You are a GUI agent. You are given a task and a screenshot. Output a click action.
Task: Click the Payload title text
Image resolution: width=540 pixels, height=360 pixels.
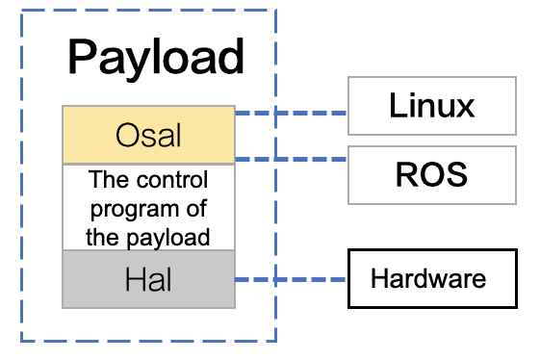pos(155,58)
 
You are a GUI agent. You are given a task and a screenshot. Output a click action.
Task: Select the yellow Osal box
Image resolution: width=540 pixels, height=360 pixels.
pos(148,135)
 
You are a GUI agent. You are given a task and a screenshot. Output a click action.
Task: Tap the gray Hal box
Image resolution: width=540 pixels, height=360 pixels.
pos(148,279)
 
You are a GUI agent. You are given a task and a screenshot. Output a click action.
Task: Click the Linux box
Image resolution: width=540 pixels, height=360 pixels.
pos(431,106)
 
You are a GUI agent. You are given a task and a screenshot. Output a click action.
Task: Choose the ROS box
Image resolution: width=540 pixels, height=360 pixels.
pos(431,175)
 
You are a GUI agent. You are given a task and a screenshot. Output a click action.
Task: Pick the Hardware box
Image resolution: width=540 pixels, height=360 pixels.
pos(431,280)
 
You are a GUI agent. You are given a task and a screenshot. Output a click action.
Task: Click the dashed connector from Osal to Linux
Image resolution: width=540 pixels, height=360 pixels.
pos(291,114)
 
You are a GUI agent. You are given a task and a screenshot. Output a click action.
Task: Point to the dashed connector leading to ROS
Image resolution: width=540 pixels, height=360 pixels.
pos(291,159)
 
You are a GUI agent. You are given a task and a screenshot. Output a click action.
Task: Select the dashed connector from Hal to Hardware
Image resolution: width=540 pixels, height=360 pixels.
pos(291,280)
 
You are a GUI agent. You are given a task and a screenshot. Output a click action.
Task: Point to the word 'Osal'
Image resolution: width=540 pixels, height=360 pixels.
pos(148,135)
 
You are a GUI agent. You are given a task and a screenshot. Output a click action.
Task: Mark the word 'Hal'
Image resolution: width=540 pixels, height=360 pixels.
pos(148,279)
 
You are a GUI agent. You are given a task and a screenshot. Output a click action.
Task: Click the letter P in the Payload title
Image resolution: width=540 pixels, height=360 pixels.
pos(82,58)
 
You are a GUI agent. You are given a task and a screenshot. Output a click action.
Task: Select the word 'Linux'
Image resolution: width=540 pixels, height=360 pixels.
pos(431,106)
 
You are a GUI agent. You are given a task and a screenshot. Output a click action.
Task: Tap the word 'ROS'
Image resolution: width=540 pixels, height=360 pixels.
pos(431,175)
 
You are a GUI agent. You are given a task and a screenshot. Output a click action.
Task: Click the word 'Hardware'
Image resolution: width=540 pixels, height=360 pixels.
pos(428,280)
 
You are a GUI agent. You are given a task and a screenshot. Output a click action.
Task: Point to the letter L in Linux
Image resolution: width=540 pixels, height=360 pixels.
pos(397,106)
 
